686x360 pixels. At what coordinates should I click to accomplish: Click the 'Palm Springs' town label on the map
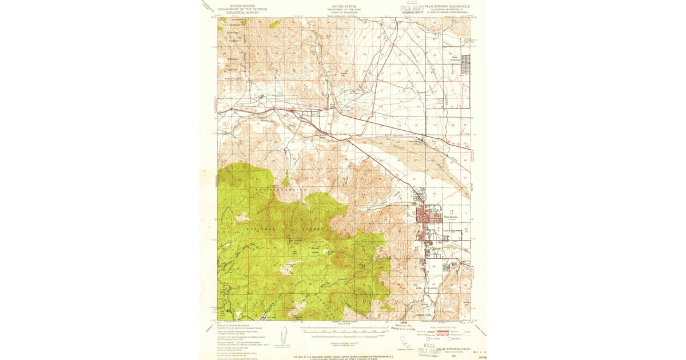451,217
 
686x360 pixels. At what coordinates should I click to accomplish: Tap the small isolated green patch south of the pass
285,181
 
